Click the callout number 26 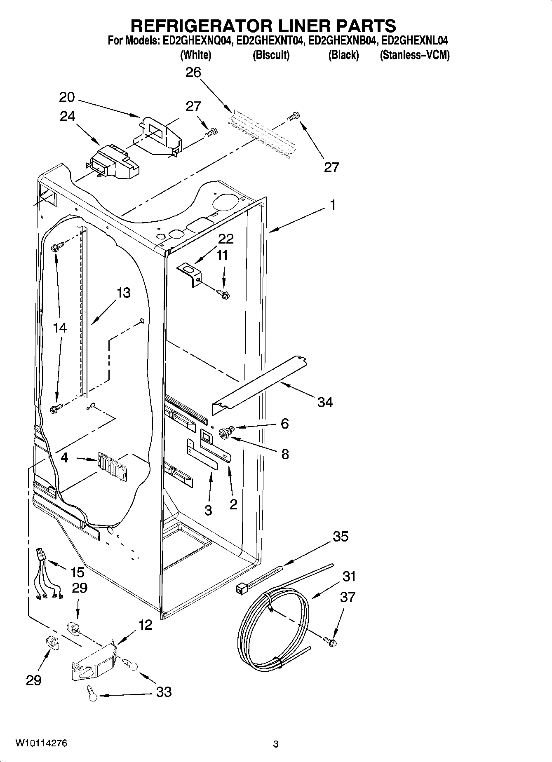193,73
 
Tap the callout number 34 324,402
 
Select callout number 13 123,293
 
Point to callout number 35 340,536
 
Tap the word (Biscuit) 271,55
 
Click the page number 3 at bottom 276,744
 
